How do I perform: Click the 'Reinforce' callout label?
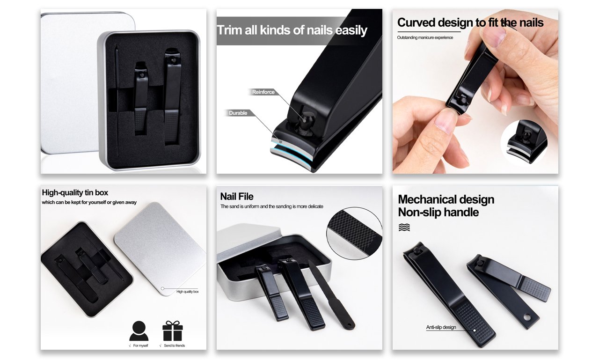(263, 92)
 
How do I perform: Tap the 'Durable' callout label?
(238, 113)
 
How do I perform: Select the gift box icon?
(173, 331)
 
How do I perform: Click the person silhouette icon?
(139, 331)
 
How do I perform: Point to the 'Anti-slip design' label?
(441, 327)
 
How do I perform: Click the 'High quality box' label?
(188, 292)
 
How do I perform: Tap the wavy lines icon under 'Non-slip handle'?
(404, 228)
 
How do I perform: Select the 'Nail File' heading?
(237, 197)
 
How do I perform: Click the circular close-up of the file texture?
(354, 233)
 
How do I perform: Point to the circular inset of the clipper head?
(524, 143)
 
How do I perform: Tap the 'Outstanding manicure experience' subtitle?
(425, 37)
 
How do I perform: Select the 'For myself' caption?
(139, 345)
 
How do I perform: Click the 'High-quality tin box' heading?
(75, 192)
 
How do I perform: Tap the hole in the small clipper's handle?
(527, 317)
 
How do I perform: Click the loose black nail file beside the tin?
(332, 294)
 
